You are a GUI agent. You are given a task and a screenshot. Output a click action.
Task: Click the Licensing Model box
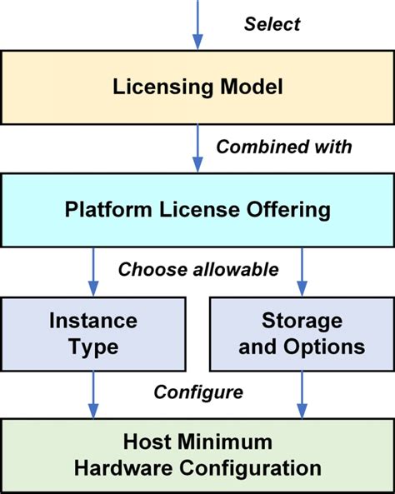[x=197, y=87]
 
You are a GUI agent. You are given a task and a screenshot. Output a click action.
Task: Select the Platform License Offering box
[x=197, y=208]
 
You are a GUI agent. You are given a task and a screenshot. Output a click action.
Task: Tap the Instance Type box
[x=92, y=333]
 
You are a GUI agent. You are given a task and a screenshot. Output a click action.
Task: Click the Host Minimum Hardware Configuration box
[x=197, y=454]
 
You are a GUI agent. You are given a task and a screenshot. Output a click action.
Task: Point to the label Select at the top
[x=272, y=24]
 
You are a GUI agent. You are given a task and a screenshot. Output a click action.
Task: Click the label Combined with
[x=283, y=147]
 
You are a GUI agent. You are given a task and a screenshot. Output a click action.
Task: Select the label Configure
[x=198, y=392]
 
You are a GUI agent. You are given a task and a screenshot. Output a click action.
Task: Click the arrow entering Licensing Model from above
[x=197, y=25]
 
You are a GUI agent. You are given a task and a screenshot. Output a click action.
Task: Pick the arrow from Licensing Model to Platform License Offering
[x=197, y=147]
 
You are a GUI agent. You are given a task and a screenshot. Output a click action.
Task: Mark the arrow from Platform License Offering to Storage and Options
[x=301, y=269]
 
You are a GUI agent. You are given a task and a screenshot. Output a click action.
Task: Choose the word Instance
[x=92, y=321]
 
